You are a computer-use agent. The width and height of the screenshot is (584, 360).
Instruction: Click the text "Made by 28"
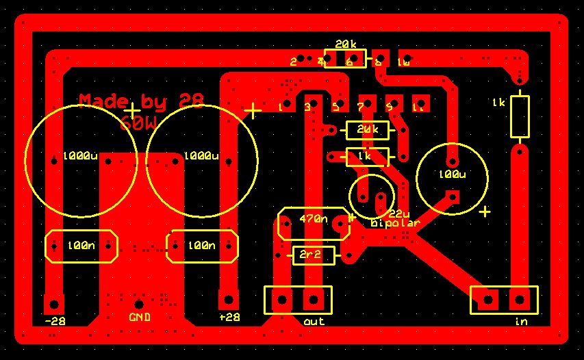(x=141, y=101)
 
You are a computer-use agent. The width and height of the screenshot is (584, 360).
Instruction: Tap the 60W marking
(x=138, y=124)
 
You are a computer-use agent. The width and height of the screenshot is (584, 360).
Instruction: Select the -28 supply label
(x=55, y=320)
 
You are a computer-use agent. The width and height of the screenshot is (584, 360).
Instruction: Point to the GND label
(x=140, y=318)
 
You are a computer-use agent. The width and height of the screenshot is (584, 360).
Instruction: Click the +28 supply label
(x=229, y=317)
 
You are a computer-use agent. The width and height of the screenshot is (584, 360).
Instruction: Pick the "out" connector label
(x=314, y=321)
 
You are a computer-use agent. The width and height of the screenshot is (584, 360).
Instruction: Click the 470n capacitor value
(x=314, y=219)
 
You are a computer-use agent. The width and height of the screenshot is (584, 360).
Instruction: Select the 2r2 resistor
(x=314, y=256)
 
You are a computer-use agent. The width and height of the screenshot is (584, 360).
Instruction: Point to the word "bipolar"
(x=394, y=223)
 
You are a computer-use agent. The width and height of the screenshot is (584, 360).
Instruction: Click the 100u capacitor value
(x=452, y=175)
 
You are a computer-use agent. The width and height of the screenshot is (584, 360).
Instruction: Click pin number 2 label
(x=293, y=62)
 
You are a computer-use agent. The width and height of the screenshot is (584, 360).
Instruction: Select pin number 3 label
(x=307, y=107)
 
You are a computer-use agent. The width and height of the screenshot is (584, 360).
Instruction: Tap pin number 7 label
(x=361, y=107)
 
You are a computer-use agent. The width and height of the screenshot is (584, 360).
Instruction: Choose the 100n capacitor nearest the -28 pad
(x=81, y=246)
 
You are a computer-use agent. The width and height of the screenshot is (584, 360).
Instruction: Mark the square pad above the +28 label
(x=228, y=300)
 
